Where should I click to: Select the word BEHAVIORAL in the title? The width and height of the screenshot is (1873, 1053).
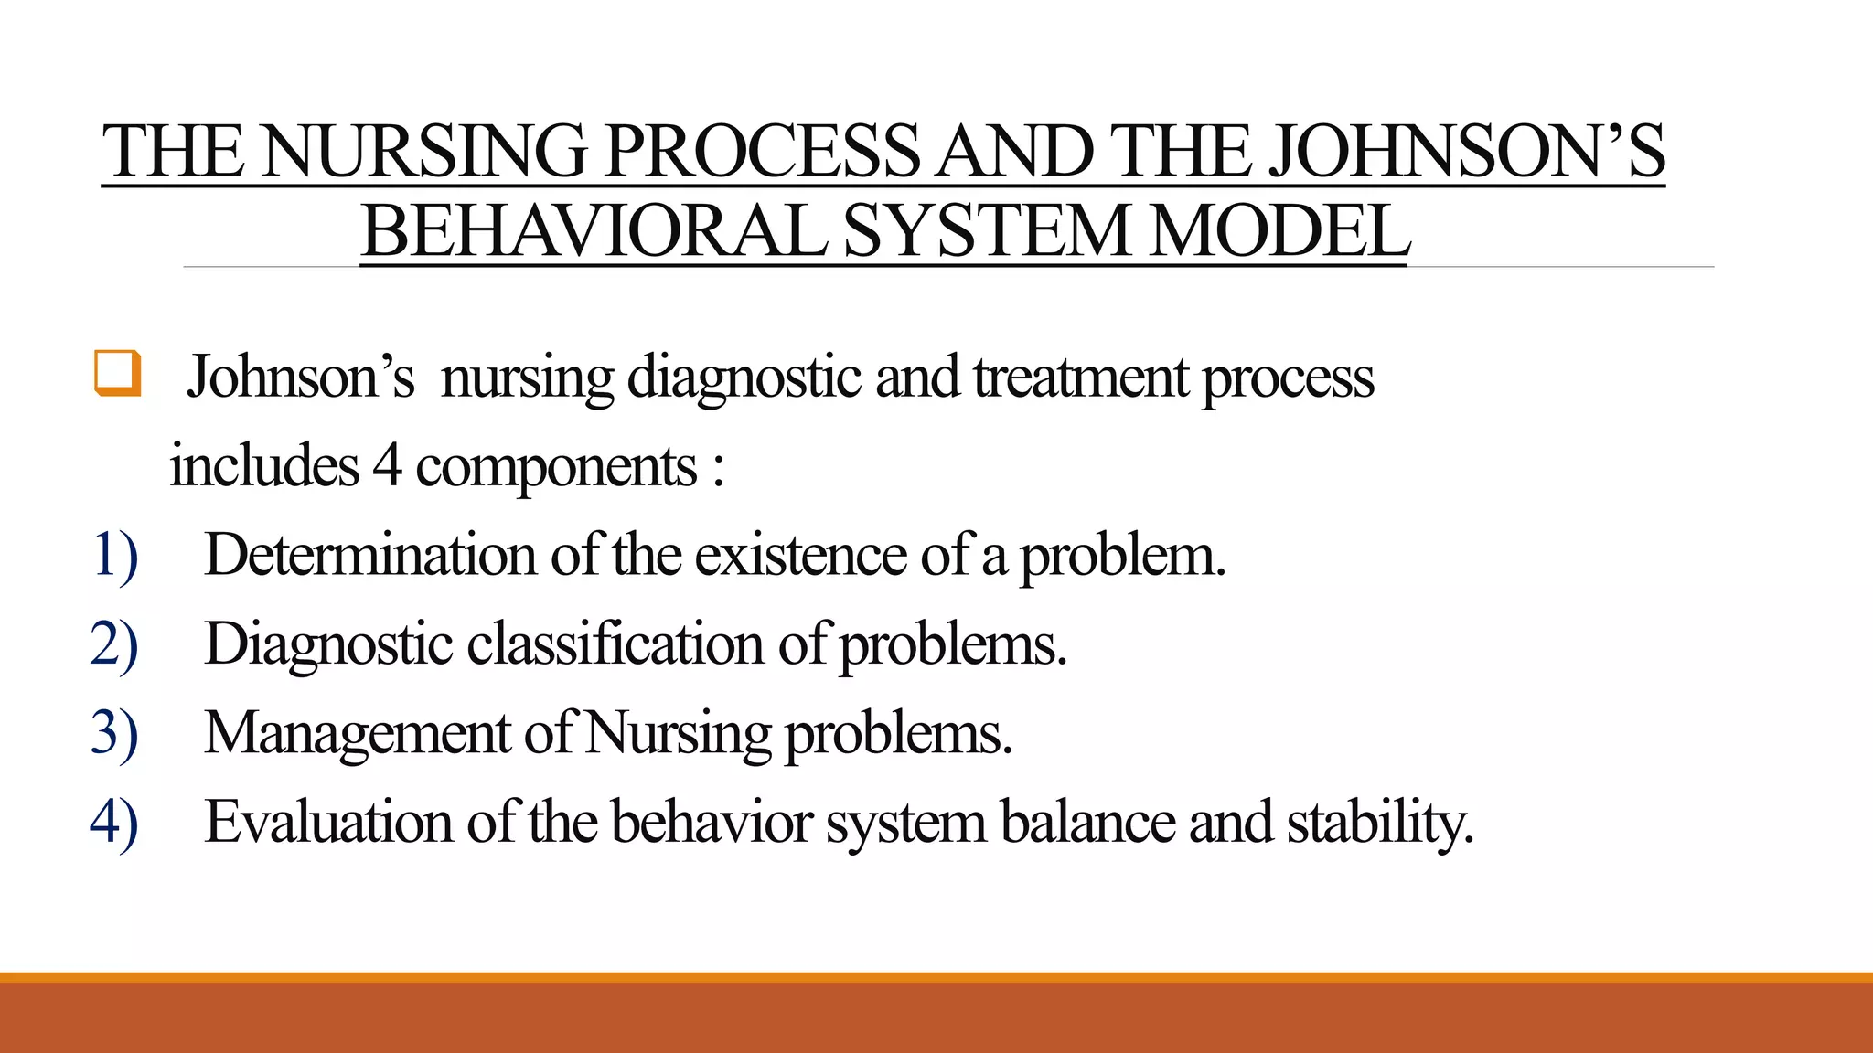(x=594, y=232)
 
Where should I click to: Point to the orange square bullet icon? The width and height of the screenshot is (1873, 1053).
(x=118, y=374)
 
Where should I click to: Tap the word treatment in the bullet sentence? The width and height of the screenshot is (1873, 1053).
(x=1080, y=378)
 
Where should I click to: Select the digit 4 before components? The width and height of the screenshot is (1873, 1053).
(x=386, y=466)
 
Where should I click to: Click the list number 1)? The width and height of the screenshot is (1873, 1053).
(x=114, y=555)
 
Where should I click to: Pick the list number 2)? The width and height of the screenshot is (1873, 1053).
(x=114, y=644)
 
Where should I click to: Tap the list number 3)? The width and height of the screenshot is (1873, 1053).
(x=114, y=733)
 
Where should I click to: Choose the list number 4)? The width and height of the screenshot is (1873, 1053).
(x=114, y=822)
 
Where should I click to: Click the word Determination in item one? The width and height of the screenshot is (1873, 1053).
(x=369, y=555)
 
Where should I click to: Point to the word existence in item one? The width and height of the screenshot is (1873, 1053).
(x=800, y=555)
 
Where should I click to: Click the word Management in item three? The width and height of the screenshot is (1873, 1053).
(x=357, y=734)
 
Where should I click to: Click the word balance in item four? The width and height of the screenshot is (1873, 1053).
(x=1087, y=822)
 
